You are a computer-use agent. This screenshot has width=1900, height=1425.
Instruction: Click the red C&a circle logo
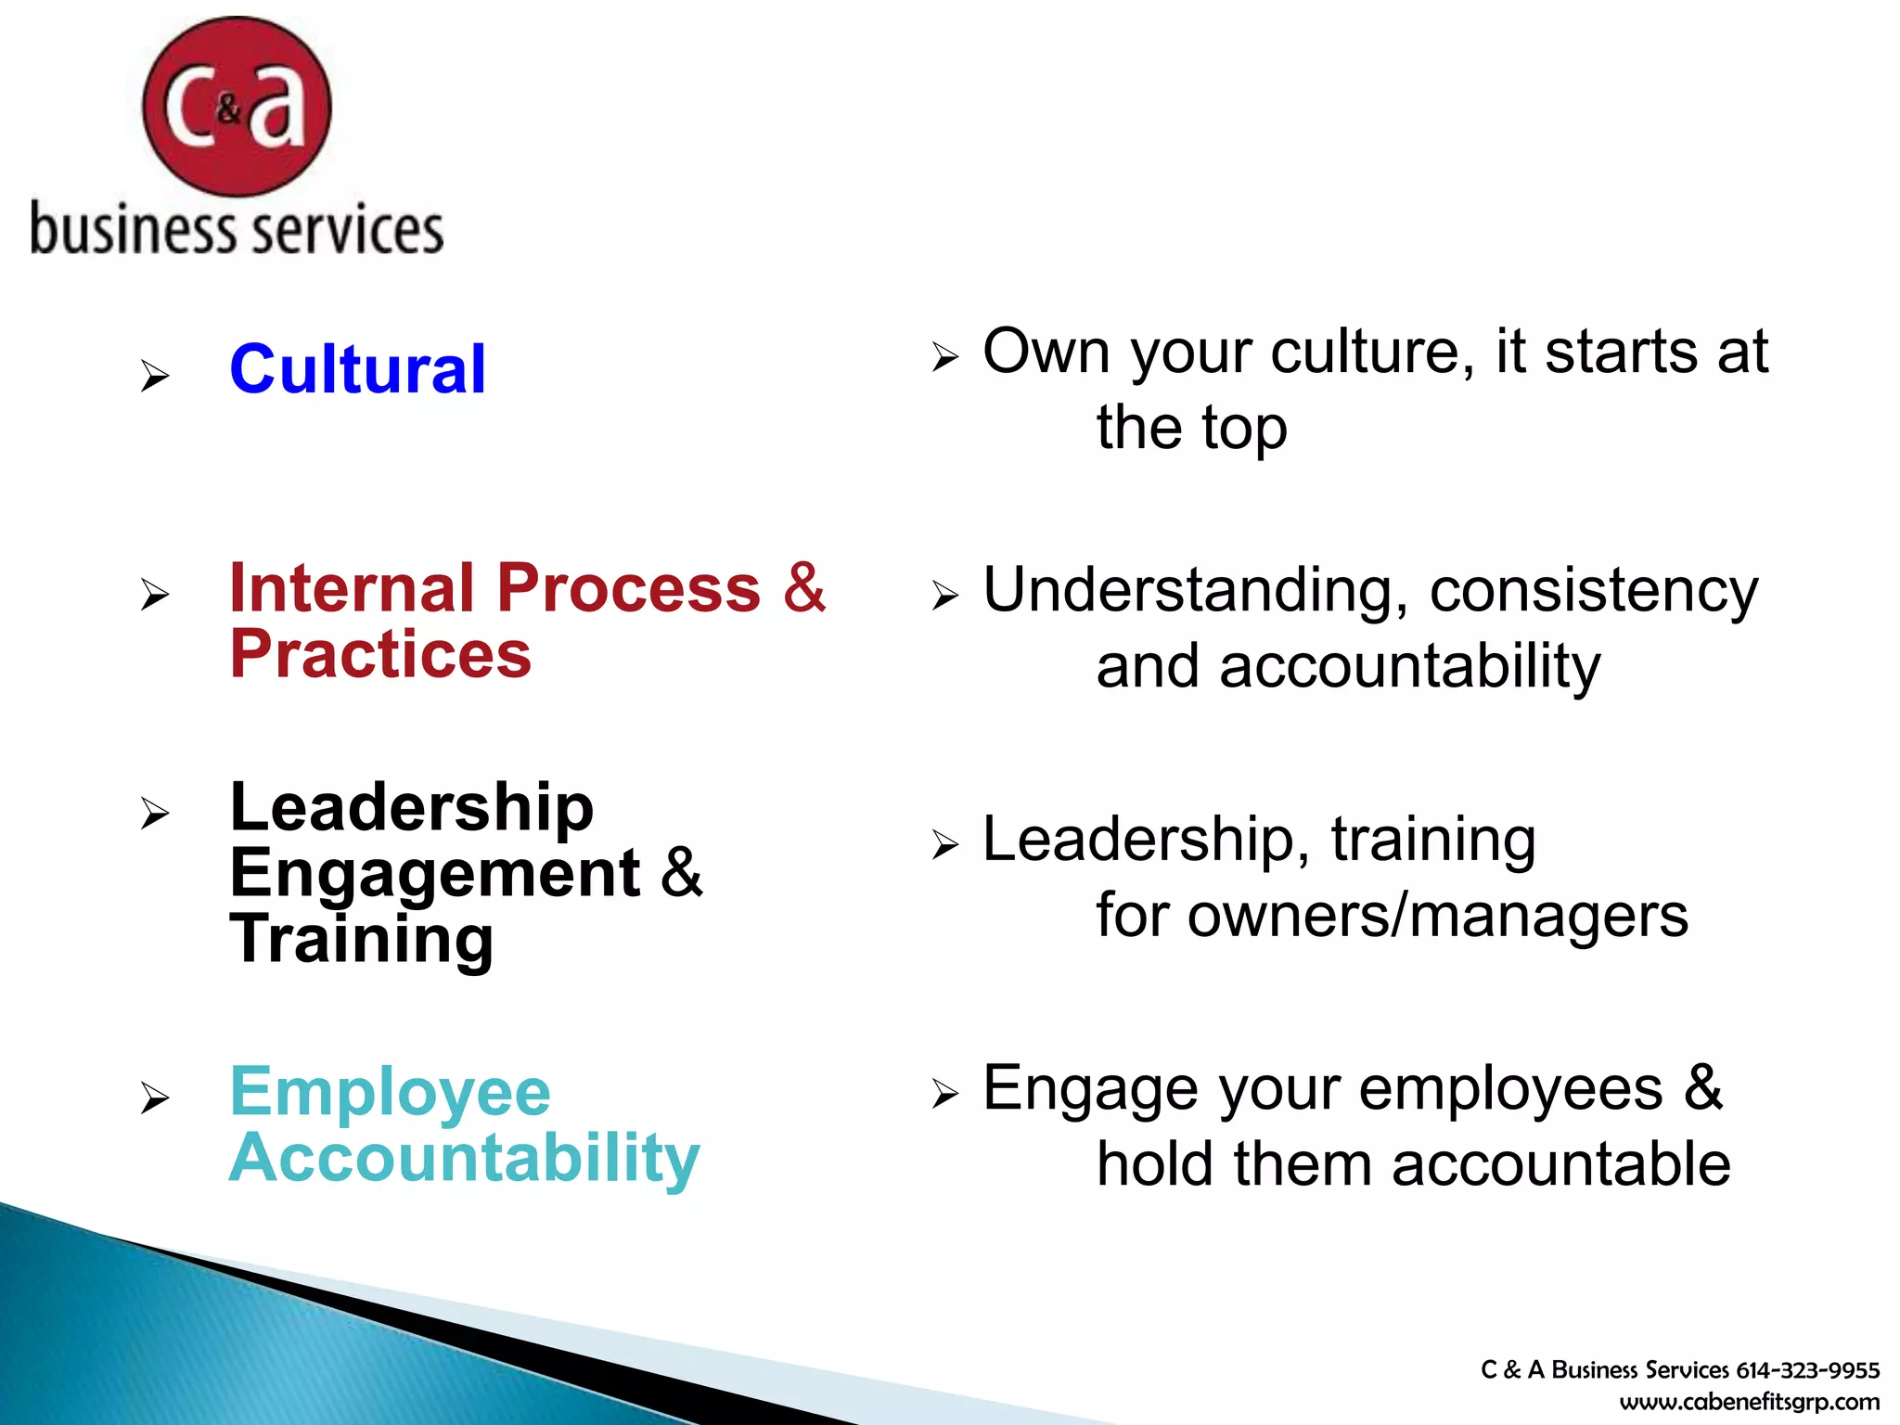coord(237,107)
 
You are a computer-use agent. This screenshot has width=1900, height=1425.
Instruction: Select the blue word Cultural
coord(357,369)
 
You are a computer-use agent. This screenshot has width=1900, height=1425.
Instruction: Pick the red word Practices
coord(380,655)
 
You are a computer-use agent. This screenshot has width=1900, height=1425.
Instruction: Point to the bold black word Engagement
coord(434,874)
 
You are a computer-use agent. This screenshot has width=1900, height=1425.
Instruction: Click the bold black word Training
coord(362,940)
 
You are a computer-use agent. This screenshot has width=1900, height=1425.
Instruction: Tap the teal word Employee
coord(390,1092)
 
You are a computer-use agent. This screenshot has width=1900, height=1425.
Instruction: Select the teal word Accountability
coord(464,1159)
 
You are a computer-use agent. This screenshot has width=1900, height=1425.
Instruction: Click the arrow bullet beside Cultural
coord(155,377)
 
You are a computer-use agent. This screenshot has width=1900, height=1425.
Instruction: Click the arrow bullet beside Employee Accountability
coord(155,1098)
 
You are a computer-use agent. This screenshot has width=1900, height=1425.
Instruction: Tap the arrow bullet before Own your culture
coord(944,357)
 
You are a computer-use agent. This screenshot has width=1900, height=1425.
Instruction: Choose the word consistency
coord(1593,590)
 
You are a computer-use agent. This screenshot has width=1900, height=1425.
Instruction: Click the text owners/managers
coord(1437,916)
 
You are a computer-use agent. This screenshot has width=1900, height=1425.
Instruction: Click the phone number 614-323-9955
coord(1807,1370)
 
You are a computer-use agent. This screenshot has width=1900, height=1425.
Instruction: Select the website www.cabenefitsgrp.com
coord(1750,1402)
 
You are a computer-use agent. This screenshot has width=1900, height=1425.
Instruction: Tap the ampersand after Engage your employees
coord(1703,1087)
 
